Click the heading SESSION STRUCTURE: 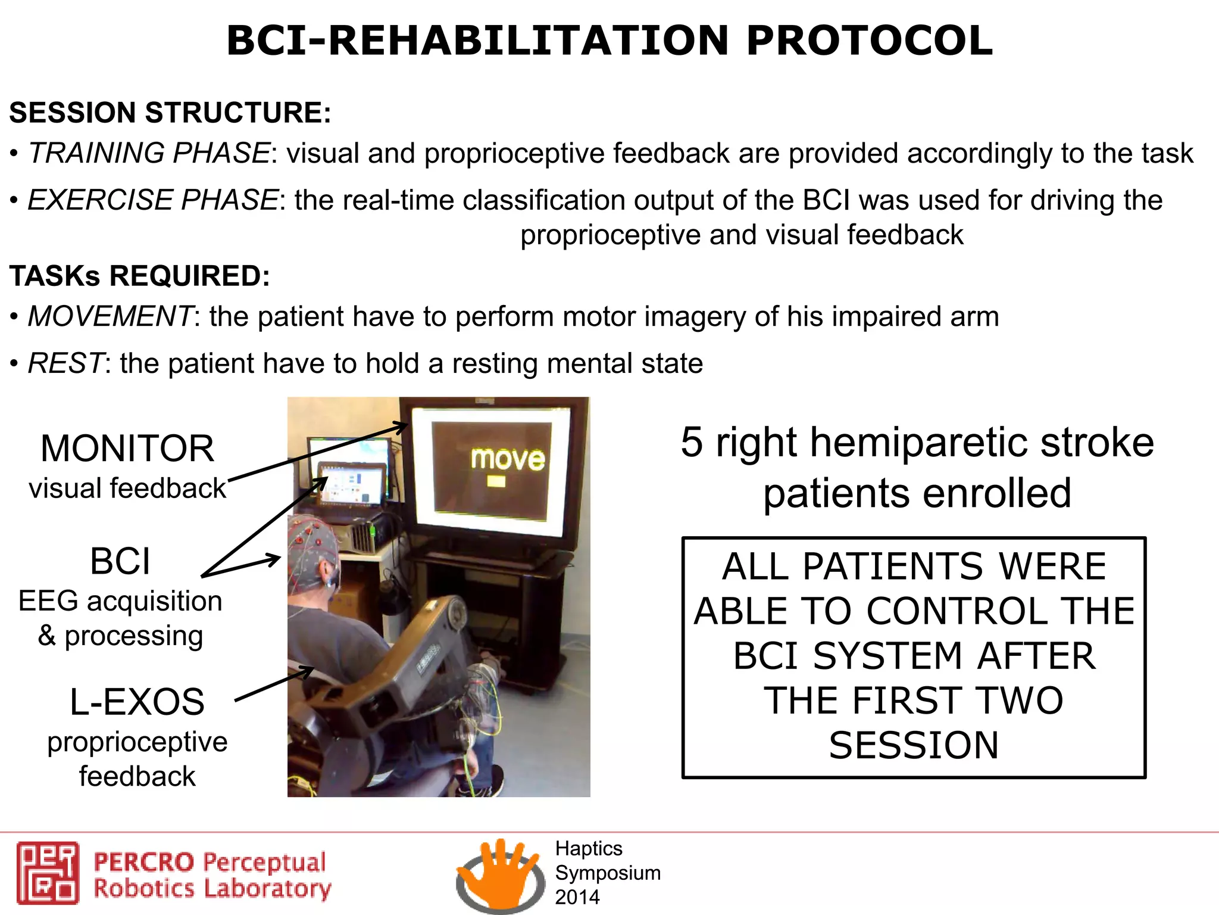(170, 113)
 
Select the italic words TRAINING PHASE (149, 153)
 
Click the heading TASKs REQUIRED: (140, 276)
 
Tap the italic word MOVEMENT (110, 316)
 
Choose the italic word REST (66, 363)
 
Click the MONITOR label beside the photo (127, 449)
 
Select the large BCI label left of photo (120, 561)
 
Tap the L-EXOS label (137, 702)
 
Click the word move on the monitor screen (508, 459)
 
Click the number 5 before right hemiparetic (692, 443)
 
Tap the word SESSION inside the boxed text (914, 745)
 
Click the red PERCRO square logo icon (48, 873)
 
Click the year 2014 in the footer (577, 897)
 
